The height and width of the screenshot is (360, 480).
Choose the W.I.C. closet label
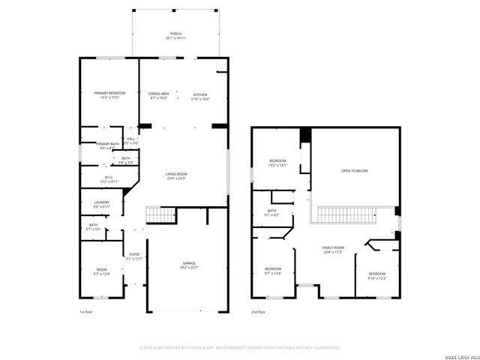click(109, 179)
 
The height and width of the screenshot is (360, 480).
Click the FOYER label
click(134, 256)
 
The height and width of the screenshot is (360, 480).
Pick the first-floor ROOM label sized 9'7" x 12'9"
click(102, 271)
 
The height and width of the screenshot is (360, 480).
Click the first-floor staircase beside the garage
click(158, 216)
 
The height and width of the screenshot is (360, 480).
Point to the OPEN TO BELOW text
click(355, 171)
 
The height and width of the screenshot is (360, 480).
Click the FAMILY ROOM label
click(333, 250)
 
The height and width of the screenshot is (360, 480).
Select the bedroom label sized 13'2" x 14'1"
click(278, 163)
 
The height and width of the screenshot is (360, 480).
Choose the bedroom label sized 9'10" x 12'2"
click(376, 275)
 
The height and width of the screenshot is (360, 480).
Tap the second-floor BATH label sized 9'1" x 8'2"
click(271, 212)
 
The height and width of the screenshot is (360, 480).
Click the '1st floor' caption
click(86, 311)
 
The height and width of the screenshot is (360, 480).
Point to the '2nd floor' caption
click(257, 311)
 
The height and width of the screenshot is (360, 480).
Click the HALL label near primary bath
click(130, 140)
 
